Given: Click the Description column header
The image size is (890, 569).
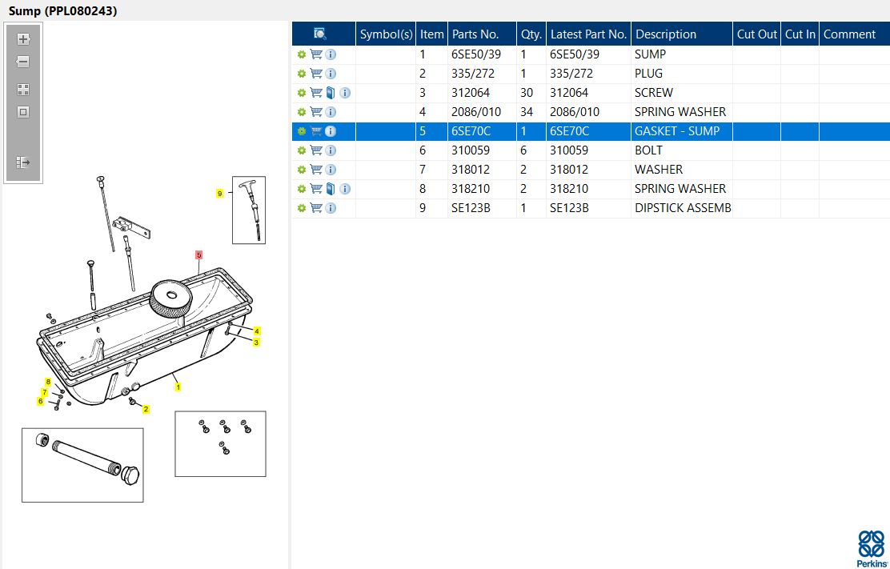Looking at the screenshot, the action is tap(666, 34).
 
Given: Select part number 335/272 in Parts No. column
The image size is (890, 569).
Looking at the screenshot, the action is tap(473, 74).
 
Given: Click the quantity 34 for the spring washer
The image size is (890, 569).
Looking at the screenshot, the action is tap(527, 112).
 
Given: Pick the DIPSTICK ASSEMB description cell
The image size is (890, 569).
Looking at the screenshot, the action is tap(683, 208).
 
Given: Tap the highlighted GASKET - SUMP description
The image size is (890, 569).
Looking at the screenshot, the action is tap(677, 131).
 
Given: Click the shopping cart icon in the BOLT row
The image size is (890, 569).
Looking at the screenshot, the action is tap(316, 150).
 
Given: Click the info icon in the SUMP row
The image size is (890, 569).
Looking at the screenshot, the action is tap(331, 54).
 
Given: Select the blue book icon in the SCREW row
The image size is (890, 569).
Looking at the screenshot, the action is tap(331, 93).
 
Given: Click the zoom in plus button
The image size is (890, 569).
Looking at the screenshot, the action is tap(23, 39).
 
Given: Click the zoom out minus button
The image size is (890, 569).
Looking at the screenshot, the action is tap(23, 62).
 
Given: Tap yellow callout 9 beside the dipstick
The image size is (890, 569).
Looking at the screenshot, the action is tap(219, 194).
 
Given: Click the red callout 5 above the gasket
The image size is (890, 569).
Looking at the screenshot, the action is tap(198, 255).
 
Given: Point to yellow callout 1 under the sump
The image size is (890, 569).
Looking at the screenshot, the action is tap(178, 387).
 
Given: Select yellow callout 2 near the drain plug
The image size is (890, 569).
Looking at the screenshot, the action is tap(146, 409).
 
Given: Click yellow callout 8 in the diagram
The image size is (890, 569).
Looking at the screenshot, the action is tap(48, 382).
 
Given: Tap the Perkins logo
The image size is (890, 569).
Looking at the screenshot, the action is tap(871, 548).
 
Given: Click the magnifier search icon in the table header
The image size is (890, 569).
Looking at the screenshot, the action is tap(320, 34).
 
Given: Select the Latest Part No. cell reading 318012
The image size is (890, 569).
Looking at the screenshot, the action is tap(569, 170).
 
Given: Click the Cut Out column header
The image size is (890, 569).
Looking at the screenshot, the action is tap(756, 34).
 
